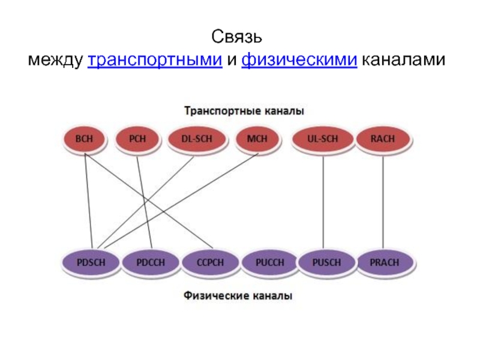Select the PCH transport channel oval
coord(137,139)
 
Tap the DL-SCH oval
coord(197,139)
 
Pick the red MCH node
coord(257,139)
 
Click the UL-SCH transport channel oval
coord(323,139)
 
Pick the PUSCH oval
coord(326,262)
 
